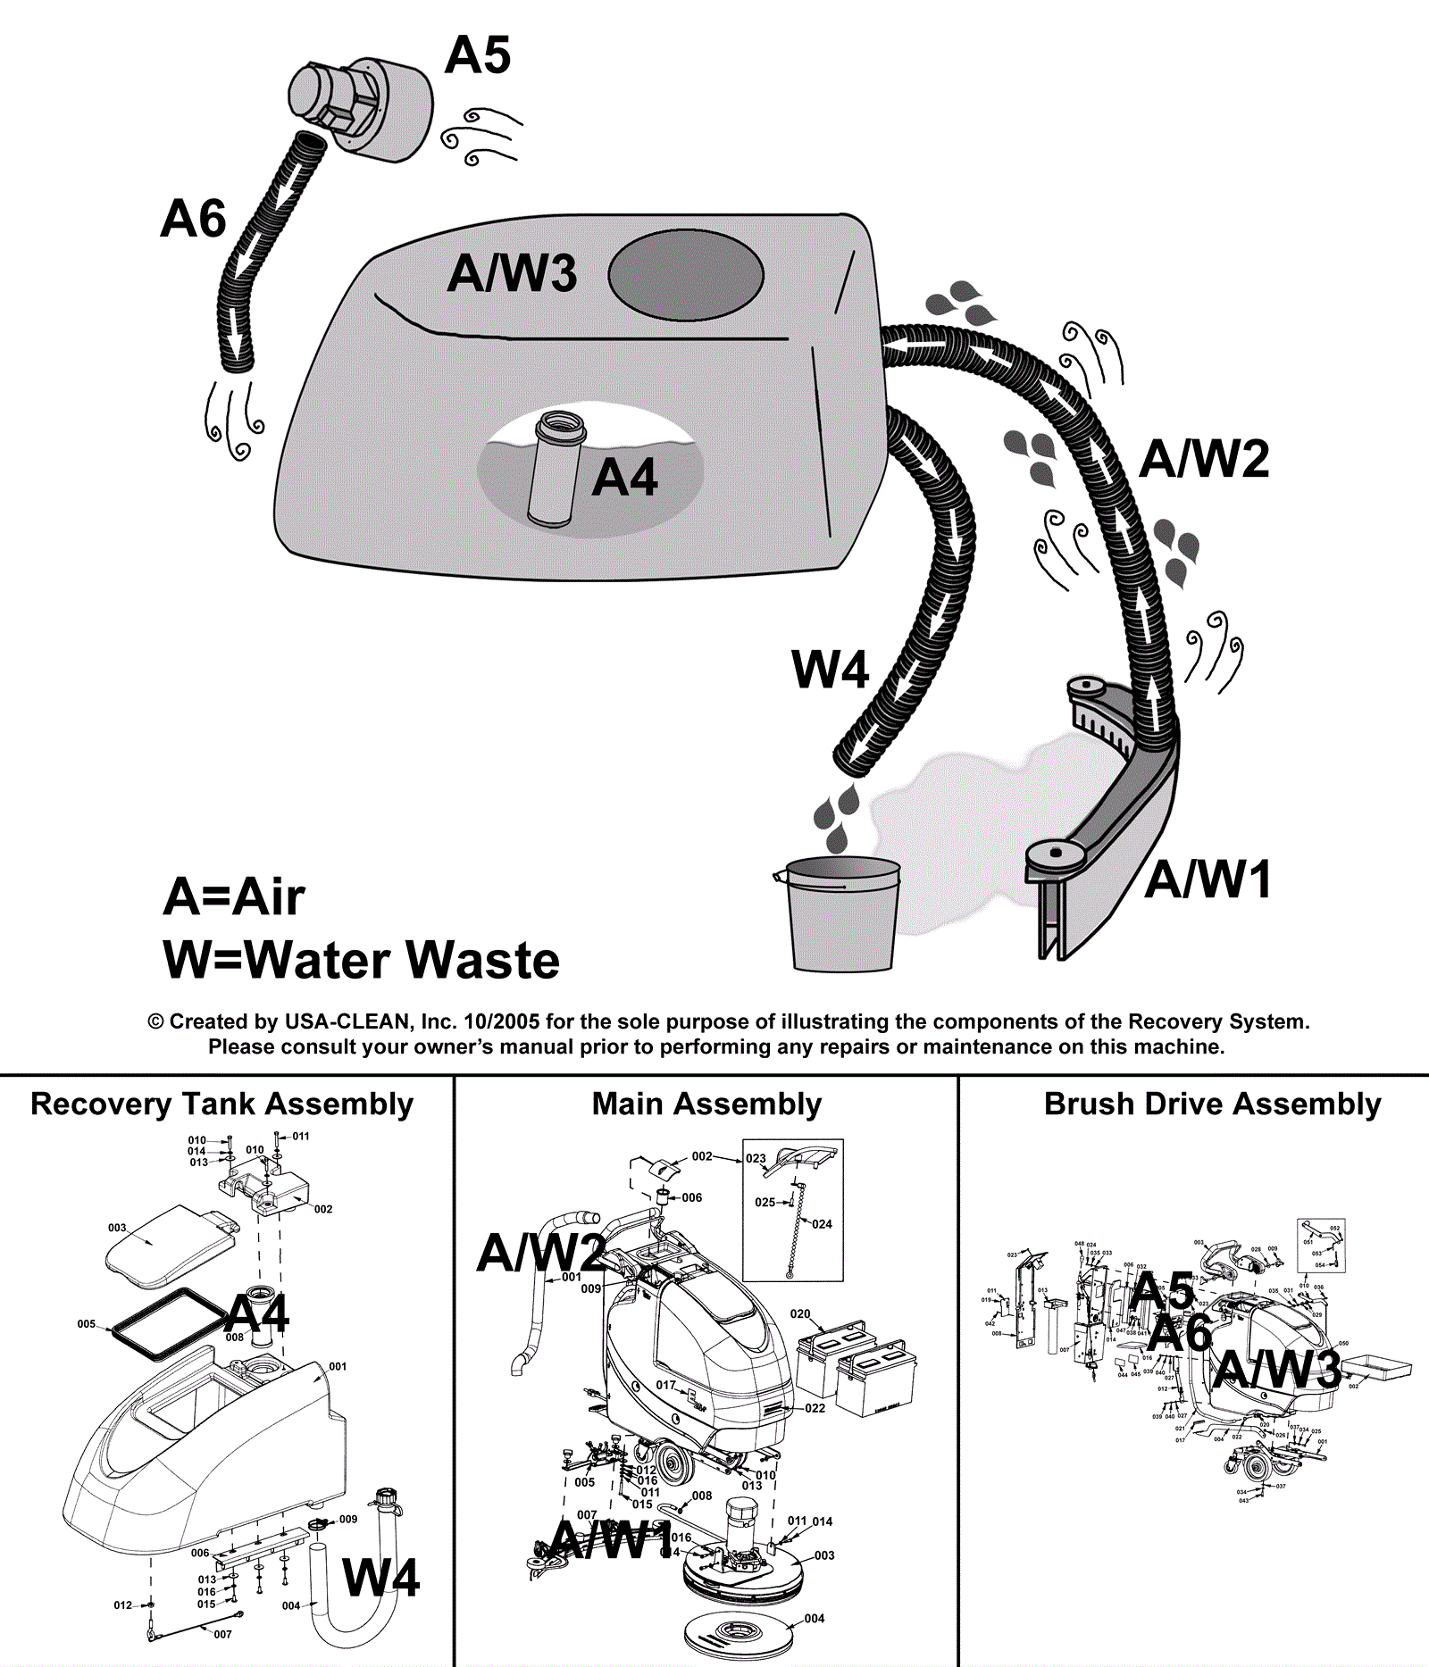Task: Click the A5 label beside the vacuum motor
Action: point(478,55)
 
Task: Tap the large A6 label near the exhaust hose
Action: point(193,219)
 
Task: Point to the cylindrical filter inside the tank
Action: point(555,469)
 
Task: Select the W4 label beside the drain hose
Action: point(830,670)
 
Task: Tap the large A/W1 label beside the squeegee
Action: point(1208,880)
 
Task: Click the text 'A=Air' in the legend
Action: point(234,897)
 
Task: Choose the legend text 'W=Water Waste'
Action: point(361,961)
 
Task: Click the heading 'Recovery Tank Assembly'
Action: point(221,1104)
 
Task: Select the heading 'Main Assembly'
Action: point(706,1104)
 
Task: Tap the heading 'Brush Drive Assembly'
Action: point(1212,1104)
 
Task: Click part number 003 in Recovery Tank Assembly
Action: point(117,1228)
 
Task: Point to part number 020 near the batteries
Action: point(800,1314)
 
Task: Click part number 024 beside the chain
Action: point(822,1224)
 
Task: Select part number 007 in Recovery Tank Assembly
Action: point(222,1635)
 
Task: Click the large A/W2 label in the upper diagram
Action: point(1204,459)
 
